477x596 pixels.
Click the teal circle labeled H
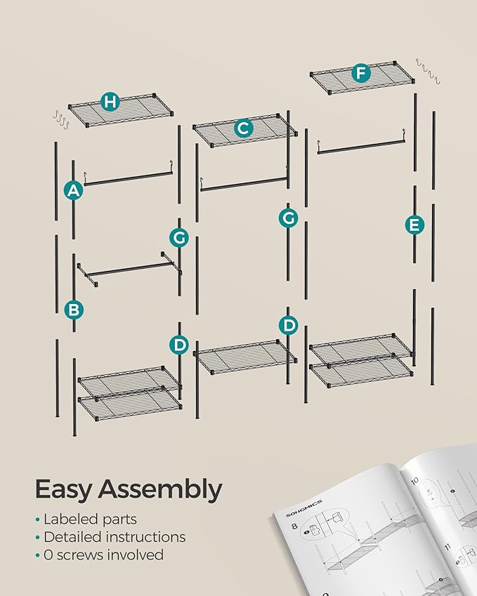(x=109, y=102)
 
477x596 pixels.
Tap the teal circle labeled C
(x=243, y=128)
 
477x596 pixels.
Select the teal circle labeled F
(x=360, y=73)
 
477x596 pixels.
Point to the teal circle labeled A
(x=72, y=190)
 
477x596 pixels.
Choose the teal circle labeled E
(x=414, y=225)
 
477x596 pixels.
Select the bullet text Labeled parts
(x=90, y=519)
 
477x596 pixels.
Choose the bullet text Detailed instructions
(x=115, y=537)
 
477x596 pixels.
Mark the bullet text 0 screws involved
(x=103, y=555)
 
